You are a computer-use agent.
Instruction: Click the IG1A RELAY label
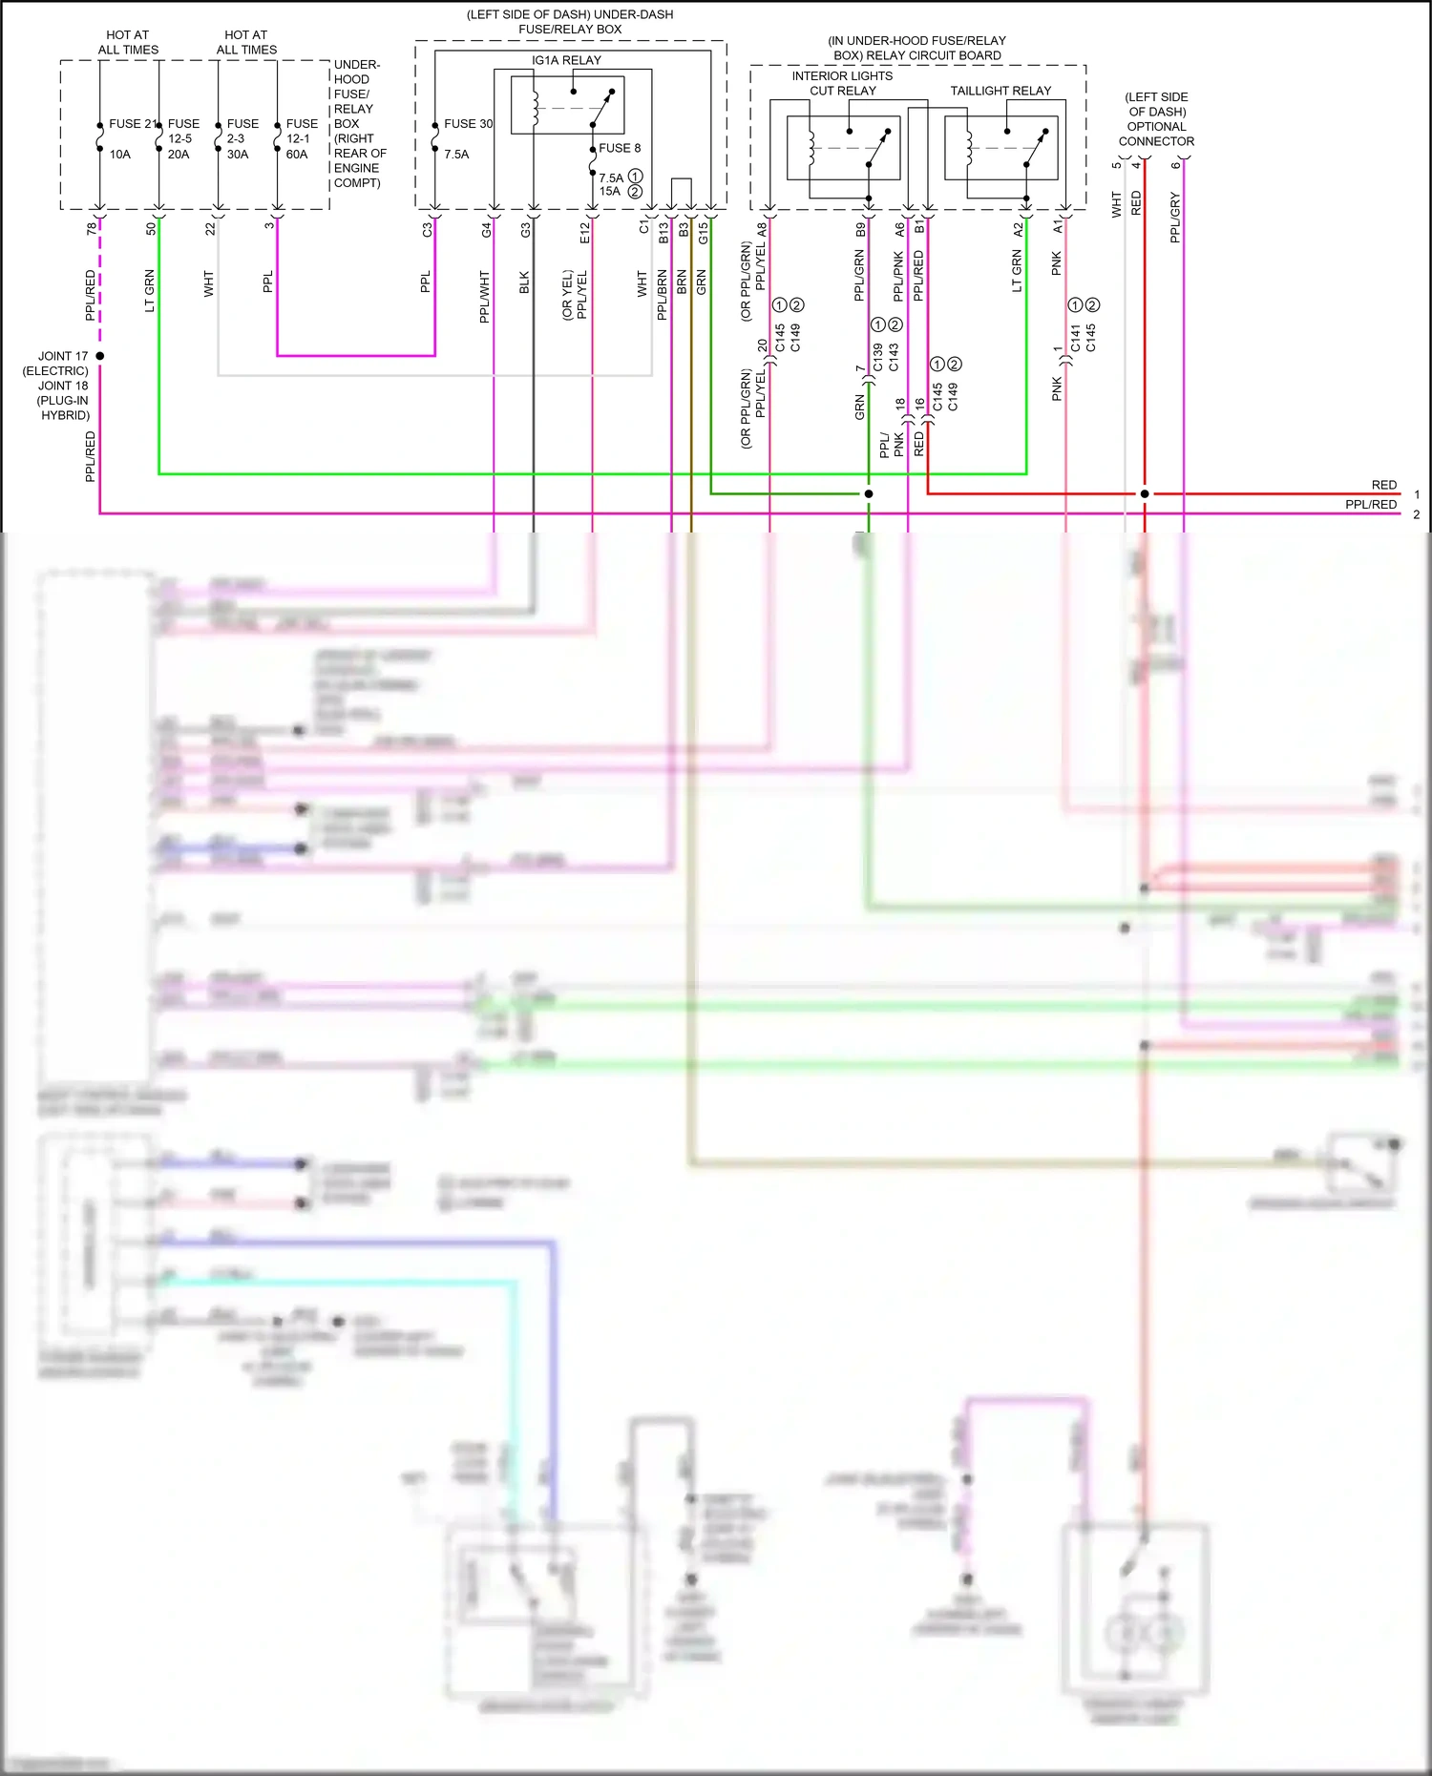566,60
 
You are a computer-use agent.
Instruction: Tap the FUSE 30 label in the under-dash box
468,124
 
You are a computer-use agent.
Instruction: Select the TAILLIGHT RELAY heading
1000,91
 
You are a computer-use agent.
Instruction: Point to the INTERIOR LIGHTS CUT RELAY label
842,83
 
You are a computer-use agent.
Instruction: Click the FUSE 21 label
132,124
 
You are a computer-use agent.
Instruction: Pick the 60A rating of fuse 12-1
297,155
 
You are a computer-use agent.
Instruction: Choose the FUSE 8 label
620,148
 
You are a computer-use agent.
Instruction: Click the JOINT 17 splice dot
100,356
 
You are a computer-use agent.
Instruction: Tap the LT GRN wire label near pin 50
150,291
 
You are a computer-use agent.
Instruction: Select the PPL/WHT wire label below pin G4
485,297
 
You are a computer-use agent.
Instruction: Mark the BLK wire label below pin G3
524,282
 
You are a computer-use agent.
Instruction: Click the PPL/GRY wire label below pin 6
1175,218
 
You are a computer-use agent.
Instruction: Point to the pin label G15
704,233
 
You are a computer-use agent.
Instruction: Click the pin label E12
585,233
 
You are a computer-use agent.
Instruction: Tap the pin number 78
92,229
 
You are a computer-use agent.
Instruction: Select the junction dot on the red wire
1145,493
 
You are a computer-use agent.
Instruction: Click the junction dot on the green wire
869,493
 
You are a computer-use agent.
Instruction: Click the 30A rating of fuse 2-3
238,155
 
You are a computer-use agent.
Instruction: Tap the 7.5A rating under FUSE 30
456,155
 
